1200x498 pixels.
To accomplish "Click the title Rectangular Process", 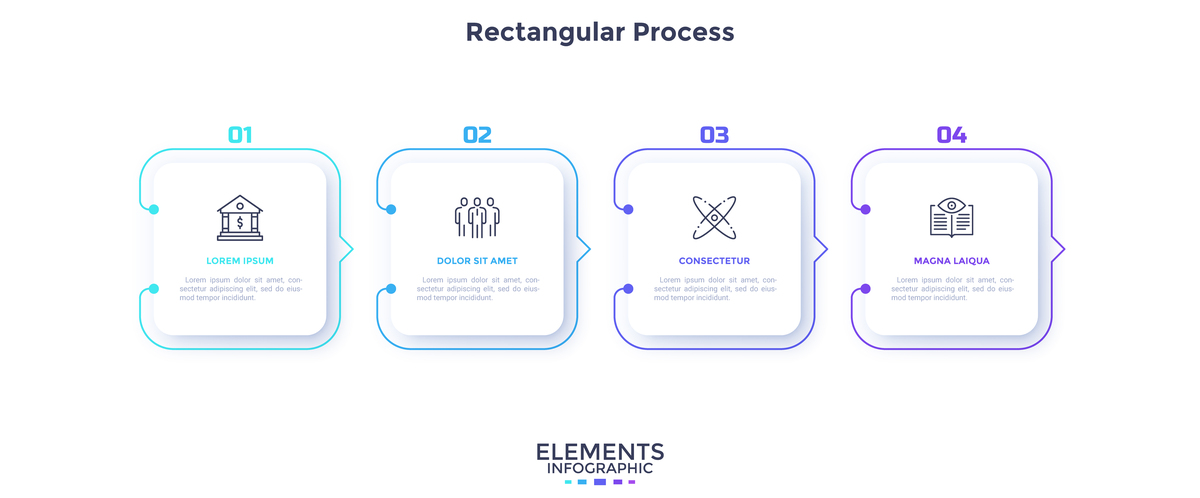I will (600, 32).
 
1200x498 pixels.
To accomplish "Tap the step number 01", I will (240, 135).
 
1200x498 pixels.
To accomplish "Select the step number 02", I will (477, 135).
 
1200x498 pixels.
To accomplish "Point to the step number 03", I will (714, 135).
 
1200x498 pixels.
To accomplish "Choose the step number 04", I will (951, 135).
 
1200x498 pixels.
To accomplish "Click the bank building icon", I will (240, 217).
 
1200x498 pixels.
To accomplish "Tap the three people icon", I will (477, 217).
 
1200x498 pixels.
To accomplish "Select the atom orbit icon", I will (714, 217).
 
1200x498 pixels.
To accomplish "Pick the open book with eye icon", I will (951, 217).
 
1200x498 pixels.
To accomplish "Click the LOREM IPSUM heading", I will (240, 261).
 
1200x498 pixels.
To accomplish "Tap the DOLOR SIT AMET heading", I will (477, 261).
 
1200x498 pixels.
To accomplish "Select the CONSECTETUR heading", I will (714, 261).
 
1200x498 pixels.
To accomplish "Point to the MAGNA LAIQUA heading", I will (951, 261).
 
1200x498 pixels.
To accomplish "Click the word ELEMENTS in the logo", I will (600, 452).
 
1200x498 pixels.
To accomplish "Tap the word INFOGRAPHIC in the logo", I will (600, 468).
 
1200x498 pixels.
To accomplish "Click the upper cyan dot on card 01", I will (154, 209).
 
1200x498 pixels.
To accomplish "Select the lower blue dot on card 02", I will (391, 289).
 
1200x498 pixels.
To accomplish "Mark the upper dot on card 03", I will (628, 209).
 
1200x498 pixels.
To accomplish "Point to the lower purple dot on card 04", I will (865, 289).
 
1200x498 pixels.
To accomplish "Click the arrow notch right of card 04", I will (1060, 249).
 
